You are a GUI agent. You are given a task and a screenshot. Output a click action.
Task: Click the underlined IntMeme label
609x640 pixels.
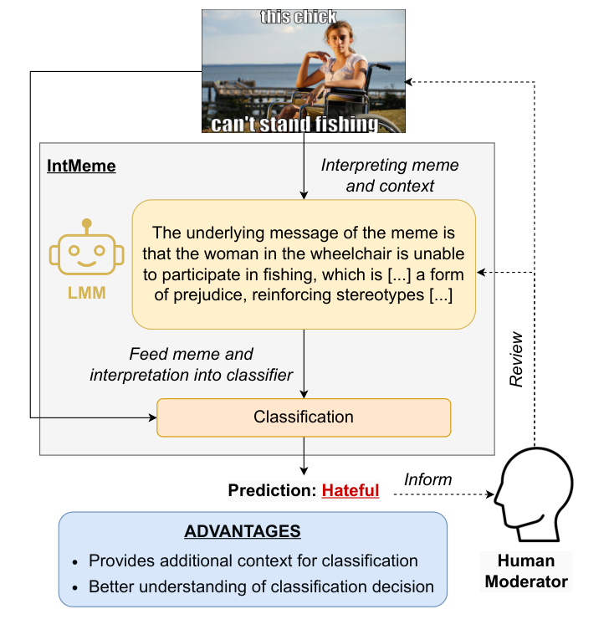[x=81, y=166]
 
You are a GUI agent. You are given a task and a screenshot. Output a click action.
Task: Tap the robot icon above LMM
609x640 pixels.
[x=86, y=248]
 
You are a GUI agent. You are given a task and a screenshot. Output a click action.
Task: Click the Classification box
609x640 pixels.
[x=304, y=417]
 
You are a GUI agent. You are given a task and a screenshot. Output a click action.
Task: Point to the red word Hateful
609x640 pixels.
[x=351, y=490]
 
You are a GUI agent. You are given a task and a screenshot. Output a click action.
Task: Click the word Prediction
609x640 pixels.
[x=272, y=490]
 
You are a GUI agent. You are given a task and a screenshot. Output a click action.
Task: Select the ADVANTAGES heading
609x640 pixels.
[x=243, y=532]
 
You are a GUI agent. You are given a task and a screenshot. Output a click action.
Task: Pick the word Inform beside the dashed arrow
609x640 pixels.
[x=427, y=479]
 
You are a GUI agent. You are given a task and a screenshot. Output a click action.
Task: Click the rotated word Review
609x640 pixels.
[x=516, y=360]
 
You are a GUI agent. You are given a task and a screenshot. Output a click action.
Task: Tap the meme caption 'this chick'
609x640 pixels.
[x=299, y=17]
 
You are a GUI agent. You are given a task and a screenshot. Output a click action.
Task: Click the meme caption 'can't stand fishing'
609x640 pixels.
[x=294, y=125]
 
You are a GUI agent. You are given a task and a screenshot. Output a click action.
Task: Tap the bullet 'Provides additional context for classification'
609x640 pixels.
[x=253, y=561]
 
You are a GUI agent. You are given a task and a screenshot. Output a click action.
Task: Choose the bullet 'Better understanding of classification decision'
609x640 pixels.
[x=261, y=586]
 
